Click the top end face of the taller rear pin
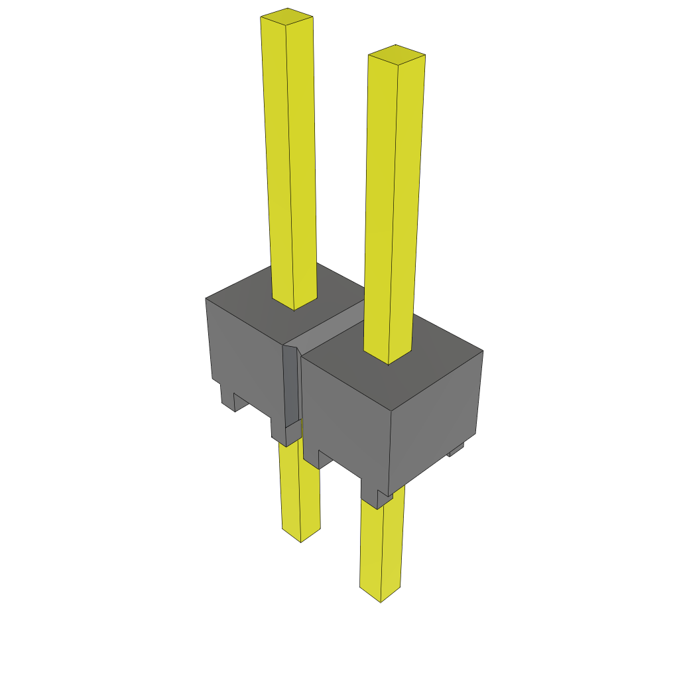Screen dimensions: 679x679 click(x=286, y=17)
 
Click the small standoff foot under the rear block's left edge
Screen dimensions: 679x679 click(x=227, y=398)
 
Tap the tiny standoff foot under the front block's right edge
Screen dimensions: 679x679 click(x=456, y=450)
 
